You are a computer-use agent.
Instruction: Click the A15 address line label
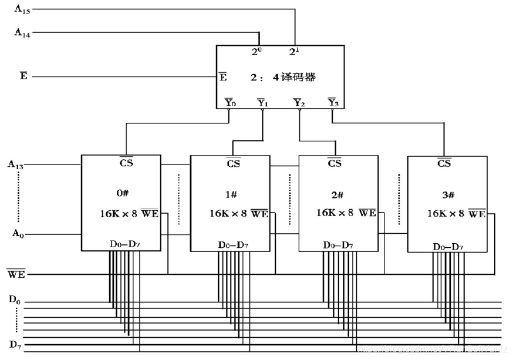point(22,9)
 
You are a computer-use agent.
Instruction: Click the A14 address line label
point(22,33)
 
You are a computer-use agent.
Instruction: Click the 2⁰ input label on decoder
point(256,52)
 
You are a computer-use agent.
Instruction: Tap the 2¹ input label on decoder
point(294,52)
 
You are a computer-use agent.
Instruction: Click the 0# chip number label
point(122,191)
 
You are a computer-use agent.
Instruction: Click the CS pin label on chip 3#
point(444,163)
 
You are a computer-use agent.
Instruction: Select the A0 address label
point(17,233)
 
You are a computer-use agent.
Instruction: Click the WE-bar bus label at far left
point(16,274)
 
